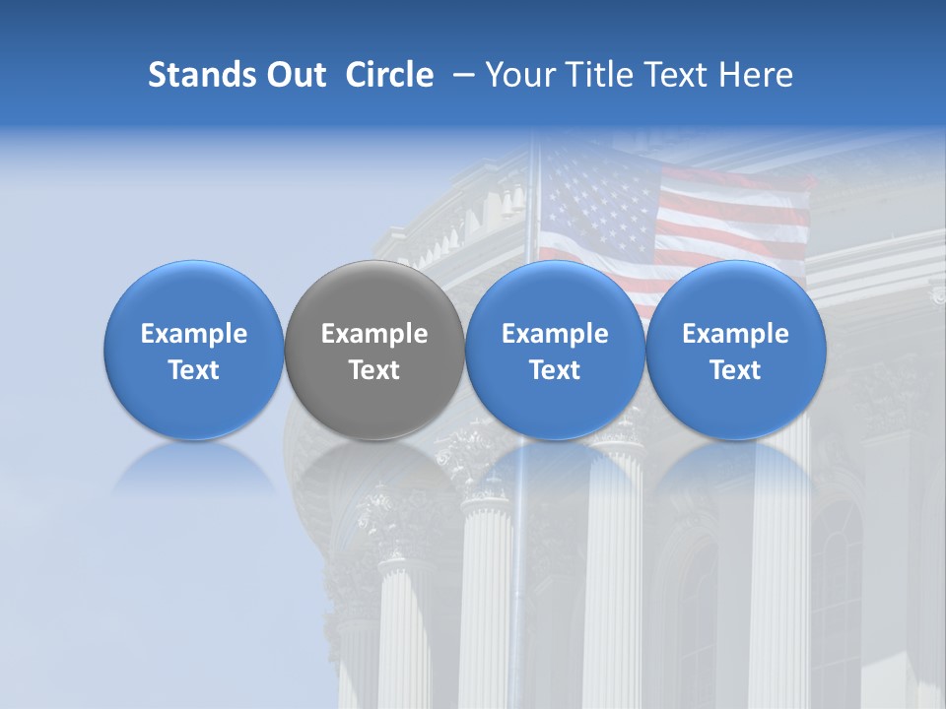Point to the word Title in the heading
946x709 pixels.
[595, 75]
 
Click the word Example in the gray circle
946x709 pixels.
[374, 334]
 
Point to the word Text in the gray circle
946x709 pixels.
[374, 370]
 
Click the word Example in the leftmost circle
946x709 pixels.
[194, 334]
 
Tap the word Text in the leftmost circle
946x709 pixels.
[194, 370]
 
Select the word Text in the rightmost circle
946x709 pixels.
[736, 370]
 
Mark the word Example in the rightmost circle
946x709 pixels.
[736, 334]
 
